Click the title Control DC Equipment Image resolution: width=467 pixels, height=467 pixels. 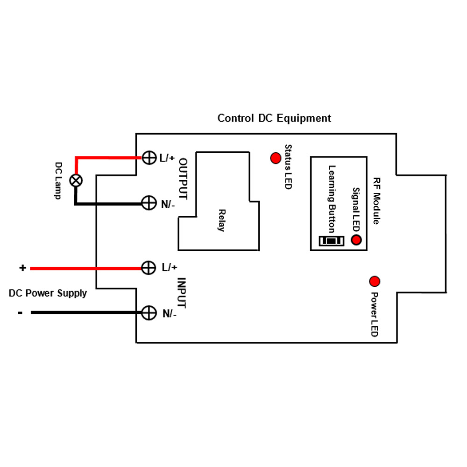click(x=274, y=118)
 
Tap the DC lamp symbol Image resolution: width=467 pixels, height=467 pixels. click(x=76, y=180)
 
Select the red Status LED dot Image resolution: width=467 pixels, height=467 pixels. click(x=276, y=158)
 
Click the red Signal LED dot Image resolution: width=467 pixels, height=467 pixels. click(x=356, y=240)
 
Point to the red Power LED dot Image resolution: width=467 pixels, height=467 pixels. click(x=375, y=282)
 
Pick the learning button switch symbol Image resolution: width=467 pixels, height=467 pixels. click(x=332, y=241)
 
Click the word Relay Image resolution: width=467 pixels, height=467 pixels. click(x=221, y=220)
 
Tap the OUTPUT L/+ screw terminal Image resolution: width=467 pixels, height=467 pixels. click(x=149, y=158)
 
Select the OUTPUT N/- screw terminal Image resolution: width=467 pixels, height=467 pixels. click(x=149, y=203)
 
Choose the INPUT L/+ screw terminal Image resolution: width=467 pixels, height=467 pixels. click(x=149, y=268)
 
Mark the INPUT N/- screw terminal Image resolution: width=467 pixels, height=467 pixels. click(x=149, y=313)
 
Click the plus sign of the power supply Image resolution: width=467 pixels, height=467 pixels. click(x=22, y=268)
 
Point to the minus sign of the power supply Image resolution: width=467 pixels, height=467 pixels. click(x=20, y=313)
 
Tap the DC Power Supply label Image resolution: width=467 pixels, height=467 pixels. click(x=48, y=293)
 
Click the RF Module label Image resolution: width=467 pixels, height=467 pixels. click(x=376, y=201)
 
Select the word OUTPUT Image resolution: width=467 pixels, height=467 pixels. click(x=183, y=179)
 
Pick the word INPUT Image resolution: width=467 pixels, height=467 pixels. click(x=181, y=293)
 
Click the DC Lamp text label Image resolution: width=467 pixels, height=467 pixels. click(x=58, y=181)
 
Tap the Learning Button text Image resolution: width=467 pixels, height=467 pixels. click(x=332, y=199)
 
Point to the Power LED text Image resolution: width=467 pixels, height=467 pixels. click(x=375, y=314)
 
